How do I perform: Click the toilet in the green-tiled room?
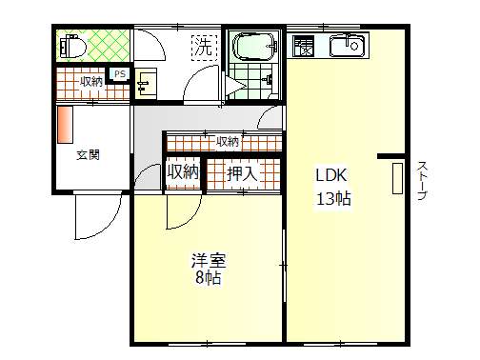[72, 47]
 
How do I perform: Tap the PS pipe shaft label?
[120, 74]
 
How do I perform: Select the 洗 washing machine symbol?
[204, 48]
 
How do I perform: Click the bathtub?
[254, 47]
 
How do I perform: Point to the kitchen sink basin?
[347, 46]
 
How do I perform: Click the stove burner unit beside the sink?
[304, 46]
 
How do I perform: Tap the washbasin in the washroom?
[146, 84]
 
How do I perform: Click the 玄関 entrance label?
[88, 155]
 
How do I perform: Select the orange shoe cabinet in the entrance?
[66, 125]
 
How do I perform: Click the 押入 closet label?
[242, 173]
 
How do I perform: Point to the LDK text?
[331, 175]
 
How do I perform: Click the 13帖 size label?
[333, 199]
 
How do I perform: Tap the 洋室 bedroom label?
[209, 260]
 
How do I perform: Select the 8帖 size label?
[209, 278]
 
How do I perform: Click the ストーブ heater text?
[422, 181]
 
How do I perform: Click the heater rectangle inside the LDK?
[397, 178]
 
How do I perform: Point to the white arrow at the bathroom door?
[235, 86]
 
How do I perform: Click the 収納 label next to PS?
[91, 82]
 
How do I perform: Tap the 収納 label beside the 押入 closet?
[183, 172]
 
